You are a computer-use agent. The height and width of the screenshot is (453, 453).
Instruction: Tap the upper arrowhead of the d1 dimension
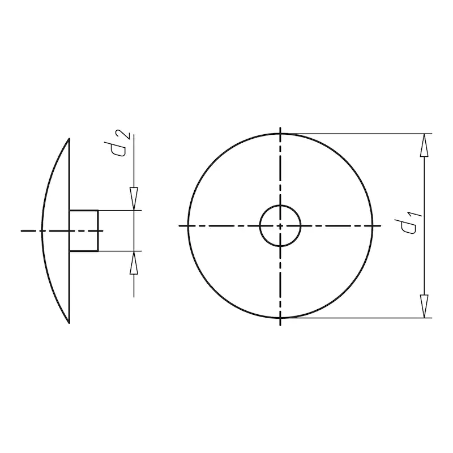(424, 145)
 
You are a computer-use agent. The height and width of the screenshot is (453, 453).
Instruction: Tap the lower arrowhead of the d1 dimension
(424, 306)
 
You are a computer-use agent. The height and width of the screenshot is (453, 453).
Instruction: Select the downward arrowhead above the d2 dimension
(134, 199)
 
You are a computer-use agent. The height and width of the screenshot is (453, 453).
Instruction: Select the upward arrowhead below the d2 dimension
(134, 263)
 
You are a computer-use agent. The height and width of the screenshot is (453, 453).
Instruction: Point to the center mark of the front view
(280, 225)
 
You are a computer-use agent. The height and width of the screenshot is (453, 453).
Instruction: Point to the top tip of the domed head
(69, 139)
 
